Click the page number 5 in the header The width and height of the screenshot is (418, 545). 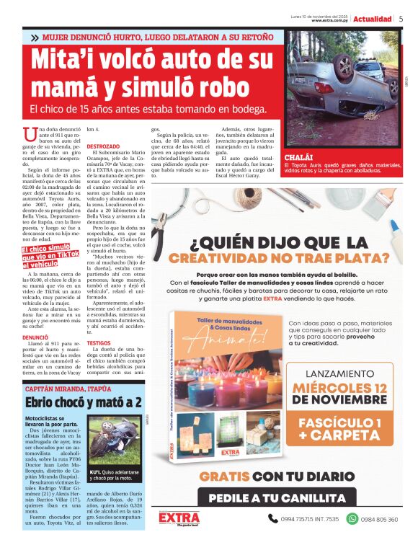point(401,19)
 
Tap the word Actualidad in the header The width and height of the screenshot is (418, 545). point(373,19)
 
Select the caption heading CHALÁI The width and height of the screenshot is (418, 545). point(300,156)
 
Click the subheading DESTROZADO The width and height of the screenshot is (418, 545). point(103,146)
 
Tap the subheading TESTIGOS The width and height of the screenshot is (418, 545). point(99,344)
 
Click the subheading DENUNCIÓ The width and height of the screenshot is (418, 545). point(35,337)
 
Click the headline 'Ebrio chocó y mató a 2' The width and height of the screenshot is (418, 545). point(84,402)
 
